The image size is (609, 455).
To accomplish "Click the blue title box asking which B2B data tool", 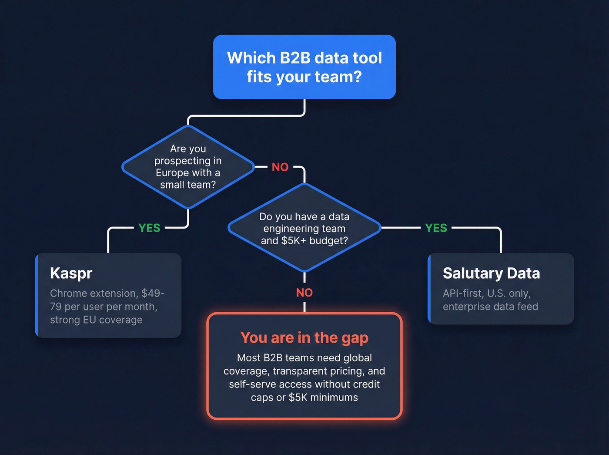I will [304, 67].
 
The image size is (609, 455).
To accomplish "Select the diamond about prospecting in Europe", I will [188, 167].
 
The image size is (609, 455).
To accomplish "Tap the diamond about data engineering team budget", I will [304, 228].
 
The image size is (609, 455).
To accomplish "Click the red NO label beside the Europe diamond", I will [280, 167].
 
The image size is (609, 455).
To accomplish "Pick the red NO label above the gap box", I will [304, 293].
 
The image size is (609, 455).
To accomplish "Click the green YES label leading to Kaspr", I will [149, 228].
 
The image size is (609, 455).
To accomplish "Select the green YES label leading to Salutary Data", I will [436, 228].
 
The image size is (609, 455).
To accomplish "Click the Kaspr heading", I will [71, 273].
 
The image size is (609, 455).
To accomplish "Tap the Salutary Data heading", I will [491, 273].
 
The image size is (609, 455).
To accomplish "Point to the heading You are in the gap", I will [304, 338].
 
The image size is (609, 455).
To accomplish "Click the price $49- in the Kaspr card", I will [153, 293].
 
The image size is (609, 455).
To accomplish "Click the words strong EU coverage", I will [96, 320].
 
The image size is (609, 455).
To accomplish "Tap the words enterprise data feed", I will [490, 307].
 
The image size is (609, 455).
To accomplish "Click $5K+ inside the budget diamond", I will [294, 241].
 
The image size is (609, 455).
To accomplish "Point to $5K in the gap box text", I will [299, 398].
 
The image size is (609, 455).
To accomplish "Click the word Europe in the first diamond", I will [172, 173].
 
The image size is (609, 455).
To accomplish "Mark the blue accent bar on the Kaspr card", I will [37, 295].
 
